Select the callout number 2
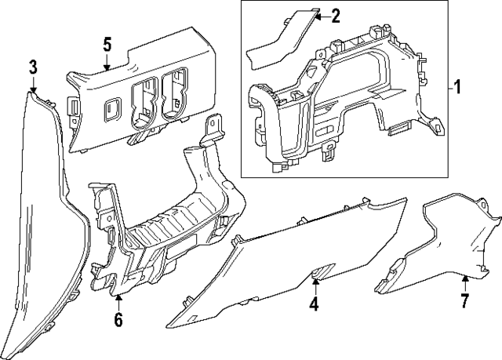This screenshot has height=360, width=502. (x=336, y=16)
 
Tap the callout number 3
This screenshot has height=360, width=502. (x=33, y=67)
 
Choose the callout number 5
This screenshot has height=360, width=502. (x=107, y=44)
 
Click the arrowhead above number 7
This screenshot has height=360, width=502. (x=464, y=277)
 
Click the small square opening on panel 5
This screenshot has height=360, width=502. (x=112, y=105)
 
